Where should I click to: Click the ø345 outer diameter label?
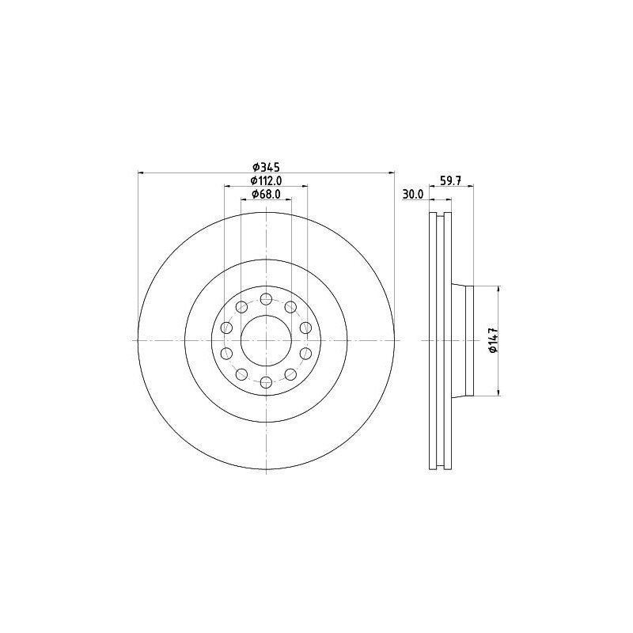coord(267,167)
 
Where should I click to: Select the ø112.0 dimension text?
coord(267,181)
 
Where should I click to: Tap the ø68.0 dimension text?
coord(267,195)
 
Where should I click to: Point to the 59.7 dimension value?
coord(450,181)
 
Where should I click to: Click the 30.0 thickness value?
coord(413,195)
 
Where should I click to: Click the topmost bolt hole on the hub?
coord(266,299)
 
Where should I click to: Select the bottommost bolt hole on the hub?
coord(266,381)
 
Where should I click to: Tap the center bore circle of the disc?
coord(266,340)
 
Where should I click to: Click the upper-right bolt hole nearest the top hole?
coord(290,307)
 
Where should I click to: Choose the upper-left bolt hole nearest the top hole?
coord(241,307)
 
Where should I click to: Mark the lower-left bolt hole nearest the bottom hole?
coord(241,373)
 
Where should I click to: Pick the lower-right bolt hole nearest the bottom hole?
coord(290,373)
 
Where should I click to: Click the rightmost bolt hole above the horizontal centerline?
coord(305,328)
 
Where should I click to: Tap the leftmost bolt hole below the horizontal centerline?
coord(226,353)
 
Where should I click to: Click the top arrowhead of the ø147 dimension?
coord(498,290)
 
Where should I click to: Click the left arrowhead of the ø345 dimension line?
coord(141,172)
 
